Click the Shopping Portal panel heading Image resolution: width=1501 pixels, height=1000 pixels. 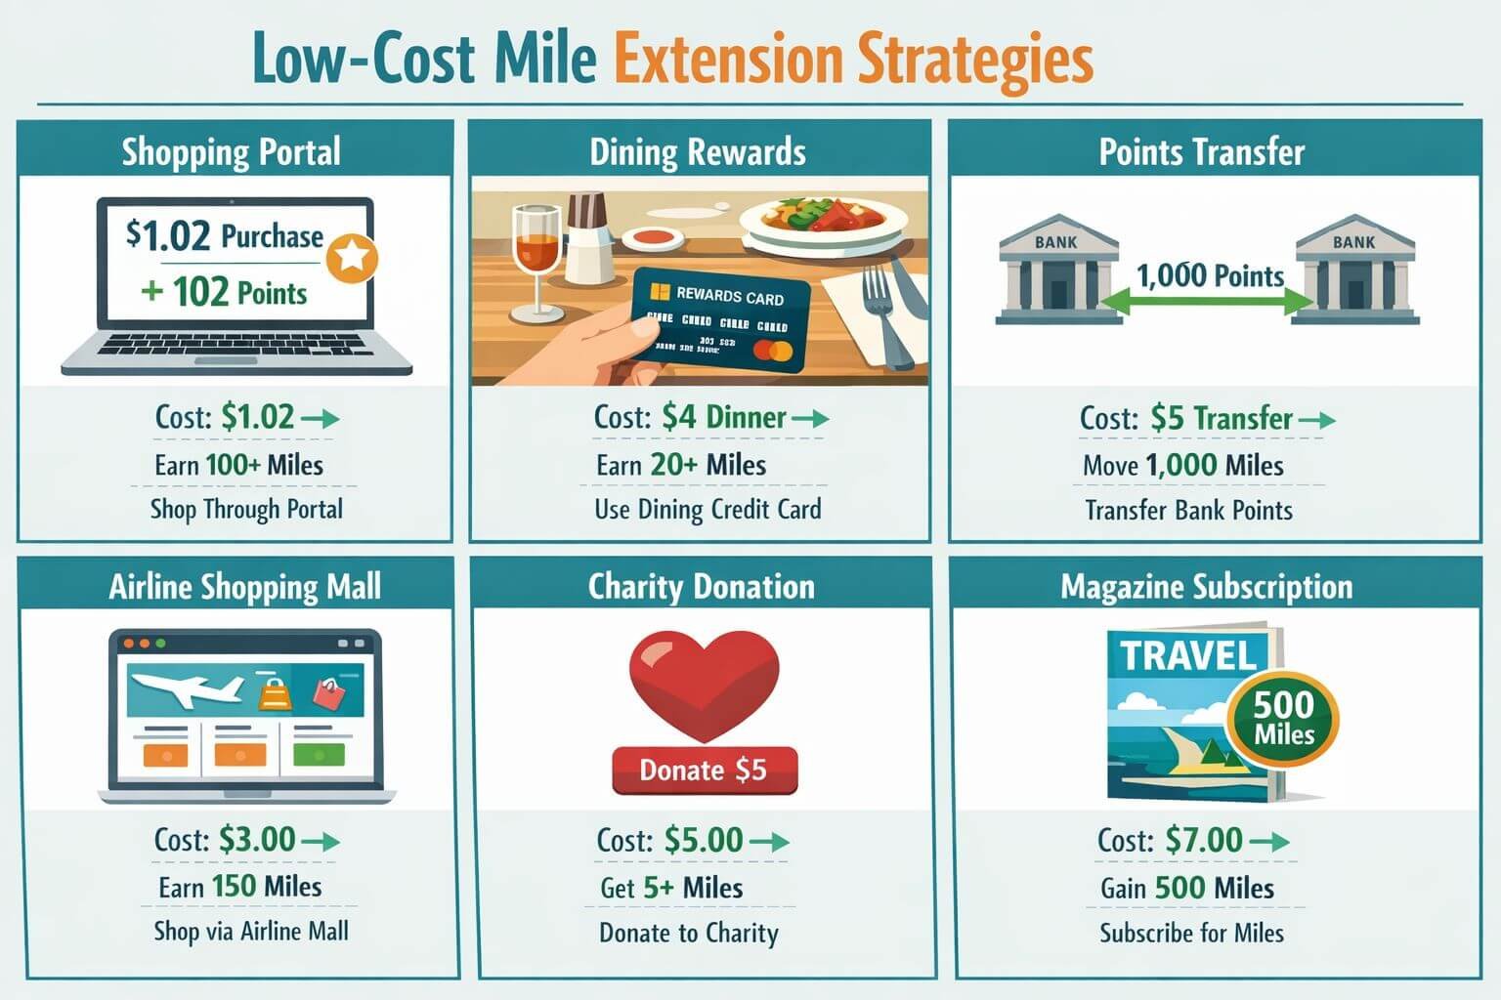232,152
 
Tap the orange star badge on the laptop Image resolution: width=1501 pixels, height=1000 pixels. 352,258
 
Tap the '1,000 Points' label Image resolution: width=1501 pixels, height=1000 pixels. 1210,275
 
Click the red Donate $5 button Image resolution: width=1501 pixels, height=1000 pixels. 704,771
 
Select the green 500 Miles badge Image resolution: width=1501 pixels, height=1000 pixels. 1283,721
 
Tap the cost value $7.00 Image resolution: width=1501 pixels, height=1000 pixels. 1204,840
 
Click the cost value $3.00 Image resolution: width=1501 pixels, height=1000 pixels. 257,840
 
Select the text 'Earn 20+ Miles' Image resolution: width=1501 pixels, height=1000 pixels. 681,465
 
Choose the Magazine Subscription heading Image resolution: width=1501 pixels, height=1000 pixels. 1207,587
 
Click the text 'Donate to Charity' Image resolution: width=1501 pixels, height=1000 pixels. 689,933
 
